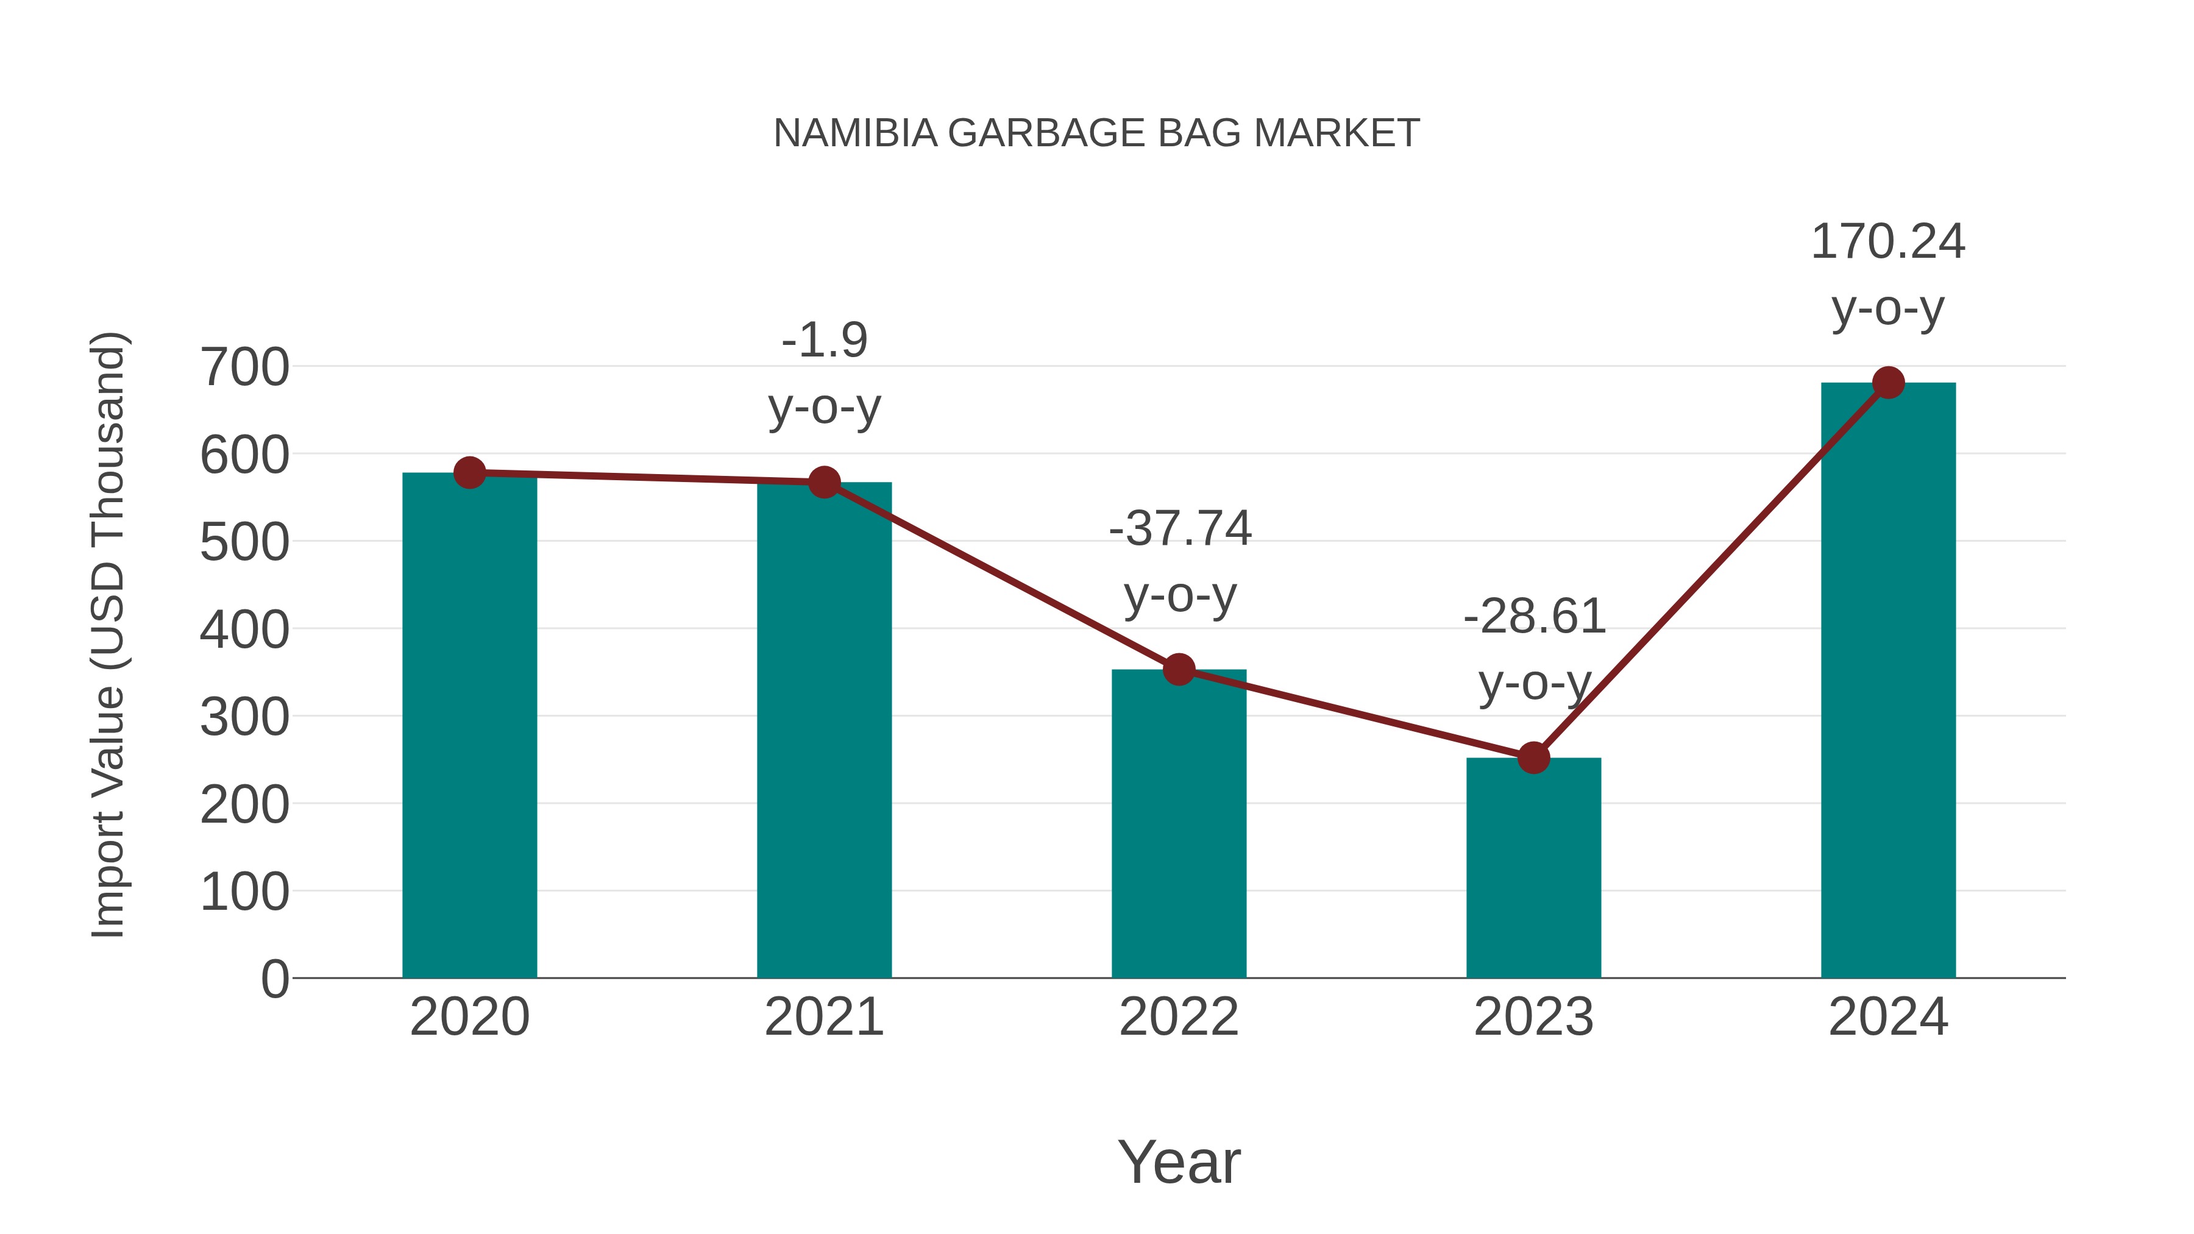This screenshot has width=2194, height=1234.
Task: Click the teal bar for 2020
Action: (469, 724)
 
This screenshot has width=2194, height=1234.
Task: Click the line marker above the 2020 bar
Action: (469, 473)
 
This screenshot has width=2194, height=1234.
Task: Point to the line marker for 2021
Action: (823, 482)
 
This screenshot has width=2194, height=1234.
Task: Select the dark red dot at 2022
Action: (1179, 669)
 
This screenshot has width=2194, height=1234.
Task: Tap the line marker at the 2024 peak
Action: (1888, 382)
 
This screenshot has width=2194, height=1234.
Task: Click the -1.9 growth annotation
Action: (823, 341)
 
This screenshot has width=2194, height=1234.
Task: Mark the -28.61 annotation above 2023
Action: (1534, 617)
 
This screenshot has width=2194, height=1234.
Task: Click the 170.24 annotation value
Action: (1887, 242)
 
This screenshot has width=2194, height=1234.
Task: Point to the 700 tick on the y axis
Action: (244, 368)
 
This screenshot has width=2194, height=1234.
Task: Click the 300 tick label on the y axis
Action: (244, 717)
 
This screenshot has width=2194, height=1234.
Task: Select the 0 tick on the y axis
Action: (274, 979)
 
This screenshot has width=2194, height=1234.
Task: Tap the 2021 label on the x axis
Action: (823, 1017)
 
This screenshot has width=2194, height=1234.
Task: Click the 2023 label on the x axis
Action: (1533, 1017)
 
